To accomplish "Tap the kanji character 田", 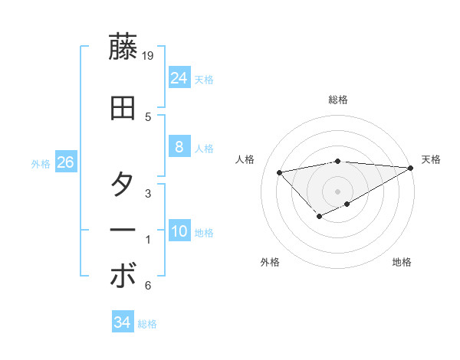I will click(x=123, y=108).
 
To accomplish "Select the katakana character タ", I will click(x=123, y=185).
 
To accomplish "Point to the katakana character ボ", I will click(x=123, y=277).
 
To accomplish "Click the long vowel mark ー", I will click(x=123, y=231).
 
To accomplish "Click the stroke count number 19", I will click(x=149, y=56).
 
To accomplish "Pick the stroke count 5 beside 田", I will click(x=148, y=116).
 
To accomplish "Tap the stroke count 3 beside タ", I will click(x=148, y=194).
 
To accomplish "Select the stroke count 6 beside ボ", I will click(x=148, y=286).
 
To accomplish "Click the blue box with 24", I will click(x=179, y=77).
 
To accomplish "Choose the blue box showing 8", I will click(x=179, y=147).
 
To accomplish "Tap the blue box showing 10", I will click(x=179, y=231).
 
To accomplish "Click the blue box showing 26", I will click(x=65, y=162).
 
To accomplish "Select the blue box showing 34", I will click(x=122, y=322).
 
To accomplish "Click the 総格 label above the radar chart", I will click(x=338, y=100).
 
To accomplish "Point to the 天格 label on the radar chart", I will click(x=431, y=159).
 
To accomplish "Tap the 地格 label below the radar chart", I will click(x=402, y=262).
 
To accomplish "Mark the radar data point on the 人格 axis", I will click(x=279, y=172).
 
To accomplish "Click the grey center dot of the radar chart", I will click(x=338, y=191).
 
